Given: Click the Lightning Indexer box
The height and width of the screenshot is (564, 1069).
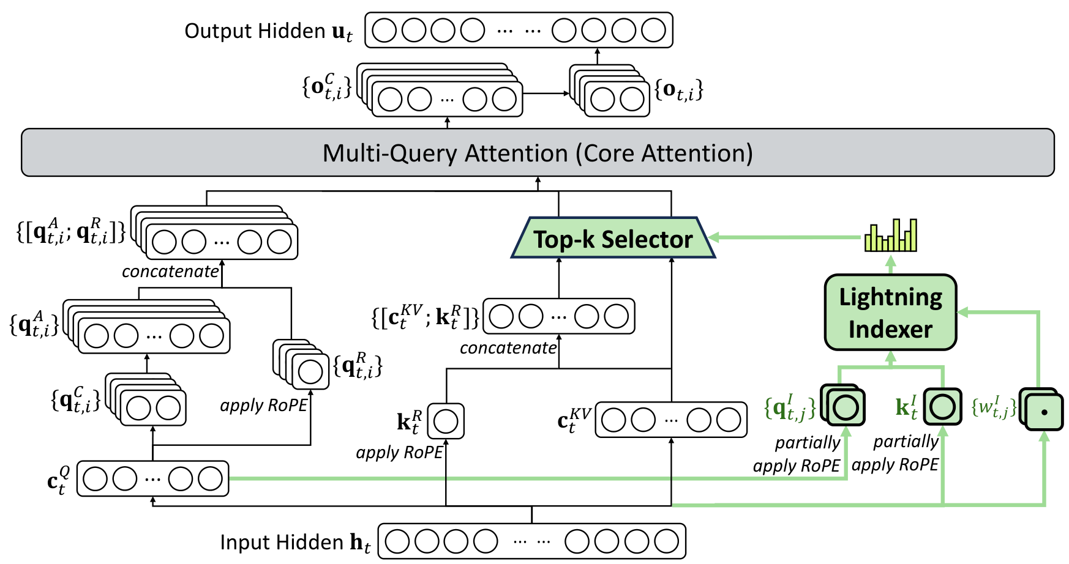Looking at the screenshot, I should [890, 313].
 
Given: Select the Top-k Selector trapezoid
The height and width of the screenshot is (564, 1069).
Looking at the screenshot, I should [613, 238].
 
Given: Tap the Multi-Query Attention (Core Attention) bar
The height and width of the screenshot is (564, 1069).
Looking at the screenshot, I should [538, 152].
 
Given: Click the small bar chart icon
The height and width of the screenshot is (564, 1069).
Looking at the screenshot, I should [891, 236].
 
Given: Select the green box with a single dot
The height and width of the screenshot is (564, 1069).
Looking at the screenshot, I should [1044, 411].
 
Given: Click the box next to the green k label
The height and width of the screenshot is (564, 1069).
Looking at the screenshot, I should [943, 407].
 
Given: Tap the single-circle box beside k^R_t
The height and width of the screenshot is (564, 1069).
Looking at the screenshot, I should [446, 421].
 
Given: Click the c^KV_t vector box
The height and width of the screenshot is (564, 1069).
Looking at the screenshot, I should [671, 420].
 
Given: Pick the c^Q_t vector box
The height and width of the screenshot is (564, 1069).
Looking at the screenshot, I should [152, 478].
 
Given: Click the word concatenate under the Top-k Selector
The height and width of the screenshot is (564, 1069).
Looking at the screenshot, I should [508, 348].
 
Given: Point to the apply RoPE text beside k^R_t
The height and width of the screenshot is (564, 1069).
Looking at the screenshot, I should [399, 453].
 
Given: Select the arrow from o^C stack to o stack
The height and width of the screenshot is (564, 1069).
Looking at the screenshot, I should [546, 94].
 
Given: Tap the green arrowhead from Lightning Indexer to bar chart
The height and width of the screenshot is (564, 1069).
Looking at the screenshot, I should [891, 262].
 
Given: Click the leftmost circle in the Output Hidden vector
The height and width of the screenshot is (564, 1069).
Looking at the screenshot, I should [384, 30].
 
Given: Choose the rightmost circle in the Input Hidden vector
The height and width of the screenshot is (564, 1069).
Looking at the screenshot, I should [666, 541].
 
